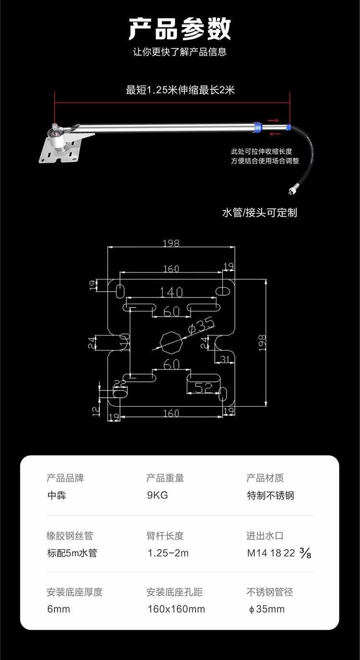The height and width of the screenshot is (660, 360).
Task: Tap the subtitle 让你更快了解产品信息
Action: [180, 52]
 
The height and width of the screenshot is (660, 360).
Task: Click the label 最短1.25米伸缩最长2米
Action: [180, 90]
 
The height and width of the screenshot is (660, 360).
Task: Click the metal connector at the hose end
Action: [291, 190]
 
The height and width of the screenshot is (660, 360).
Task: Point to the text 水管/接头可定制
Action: [259, 212]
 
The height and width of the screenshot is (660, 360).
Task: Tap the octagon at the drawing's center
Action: [171, 342]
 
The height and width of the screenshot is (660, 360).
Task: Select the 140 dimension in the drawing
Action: [171, 292]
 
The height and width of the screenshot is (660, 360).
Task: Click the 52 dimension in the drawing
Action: [203, 388]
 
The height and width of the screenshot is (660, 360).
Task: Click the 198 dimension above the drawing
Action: [171, 243]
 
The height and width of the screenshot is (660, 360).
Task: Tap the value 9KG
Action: [157, 495]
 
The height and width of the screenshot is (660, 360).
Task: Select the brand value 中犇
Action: [57, 495]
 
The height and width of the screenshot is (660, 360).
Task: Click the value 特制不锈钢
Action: [270, 495]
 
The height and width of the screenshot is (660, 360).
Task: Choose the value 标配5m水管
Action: [72, 553]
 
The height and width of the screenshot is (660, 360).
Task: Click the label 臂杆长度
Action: [165, 536]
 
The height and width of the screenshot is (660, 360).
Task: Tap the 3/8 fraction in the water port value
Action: [305, 554]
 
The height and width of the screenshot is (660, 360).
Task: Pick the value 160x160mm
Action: [176, 609]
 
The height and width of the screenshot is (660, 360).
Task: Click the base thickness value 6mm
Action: [59, 609]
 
